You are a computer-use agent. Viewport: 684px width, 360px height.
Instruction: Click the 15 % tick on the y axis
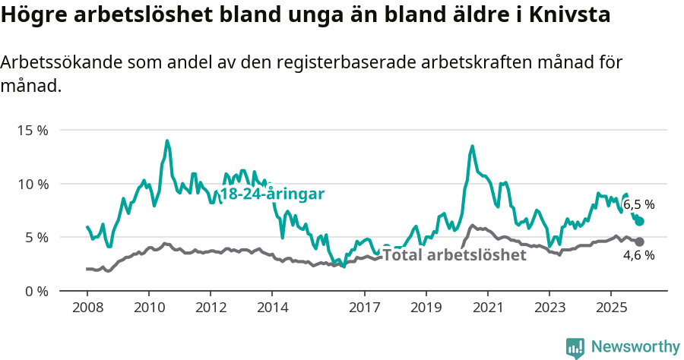click(32, 130)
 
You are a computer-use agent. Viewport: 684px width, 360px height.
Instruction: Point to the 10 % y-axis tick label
click(32, 184)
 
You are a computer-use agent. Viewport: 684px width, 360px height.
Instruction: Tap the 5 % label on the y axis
click(35, 237)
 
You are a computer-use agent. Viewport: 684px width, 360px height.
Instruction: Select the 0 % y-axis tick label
click(35, 291)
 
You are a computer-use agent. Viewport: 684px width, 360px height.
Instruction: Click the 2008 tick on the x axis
click(87, 308)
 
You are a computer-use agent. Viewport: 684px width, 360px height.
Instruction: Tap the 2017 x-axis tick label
click(364, 308)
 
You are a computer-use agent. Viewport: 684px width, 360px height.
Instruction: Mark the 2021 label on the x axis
click(487, 308)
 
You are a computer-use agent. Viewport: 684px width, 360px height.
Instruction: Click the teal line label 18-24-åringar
click(272, 194)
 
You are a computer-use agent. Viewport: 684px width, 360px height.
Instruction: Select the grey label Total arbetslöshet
click(454, 255)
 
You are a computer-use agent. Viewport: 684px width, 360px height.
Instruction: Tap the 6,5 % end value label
click(638, 204)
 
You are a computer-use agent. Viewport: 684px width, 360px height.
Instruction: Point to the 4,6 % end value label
click(638, 255)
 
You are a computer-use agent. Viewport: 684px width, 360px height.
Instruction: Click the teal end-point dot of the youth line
click(640, 221)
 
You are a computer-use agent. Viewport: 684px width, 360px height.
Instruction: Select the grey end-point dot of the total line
click(639, 242)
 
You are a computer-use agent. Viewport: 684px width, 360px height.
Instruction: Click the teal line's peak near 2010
click(166, 141)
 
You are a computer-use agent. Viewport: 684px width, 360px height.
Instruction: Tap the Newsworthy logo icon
click(575, 348)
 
